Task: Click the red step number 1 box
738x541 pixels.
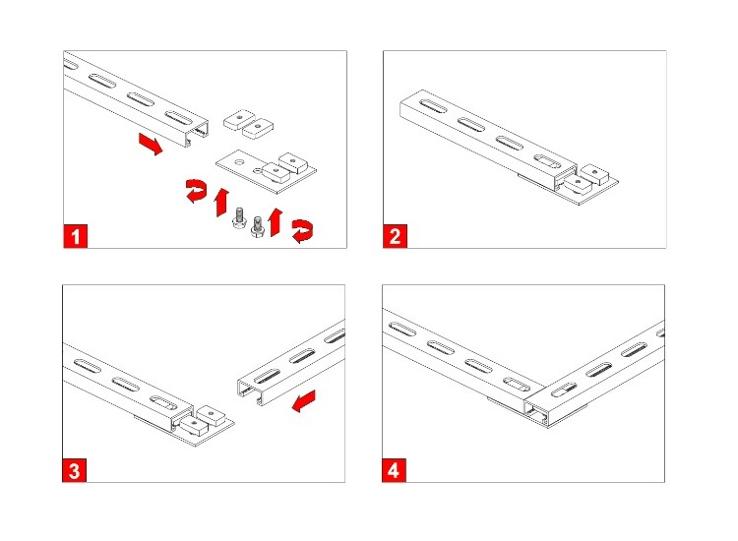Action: tap(76, 236)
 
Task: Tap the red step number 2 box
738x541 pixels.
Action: tap(395, 236)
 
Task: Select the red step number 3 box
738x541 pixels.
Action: tap(75, 470)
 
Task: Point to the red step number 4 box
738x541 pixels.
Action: tap(394, 470)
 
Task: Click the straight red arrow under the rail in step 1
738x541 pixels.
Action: tap(151, 144)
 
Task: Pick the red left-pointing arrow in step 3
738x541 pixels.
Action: tap(304, 400)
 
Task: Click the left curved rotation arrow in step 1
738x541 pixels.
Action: tap(196, 190)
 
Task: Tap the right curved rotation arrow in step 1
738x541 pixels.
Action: tap(302, 231)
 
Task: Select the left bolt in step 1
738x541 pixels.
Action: tap(239, 217)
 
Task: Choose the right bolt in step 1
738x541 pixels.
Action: tap(258, 227)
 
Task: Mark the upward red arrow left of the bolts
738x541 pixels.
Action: tap(221, 203)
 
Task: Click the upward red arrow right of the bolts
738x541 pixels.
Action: tap(275, 221)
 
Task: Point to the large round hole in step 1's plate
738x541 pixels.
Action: tap(240, 162)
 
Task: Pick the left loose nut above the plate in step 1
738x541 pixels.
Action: tap(239, 119)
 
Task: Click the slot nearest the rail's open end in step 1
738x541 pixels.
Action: tap(179, 118)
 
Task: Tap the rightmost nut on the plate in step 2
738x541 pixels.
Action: tap(595, 173)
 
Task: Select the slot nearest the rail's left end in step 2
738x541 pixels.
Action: tap(433, 106)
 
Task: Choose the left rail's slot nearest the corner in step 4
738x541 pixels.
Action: tap(517, 384)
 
